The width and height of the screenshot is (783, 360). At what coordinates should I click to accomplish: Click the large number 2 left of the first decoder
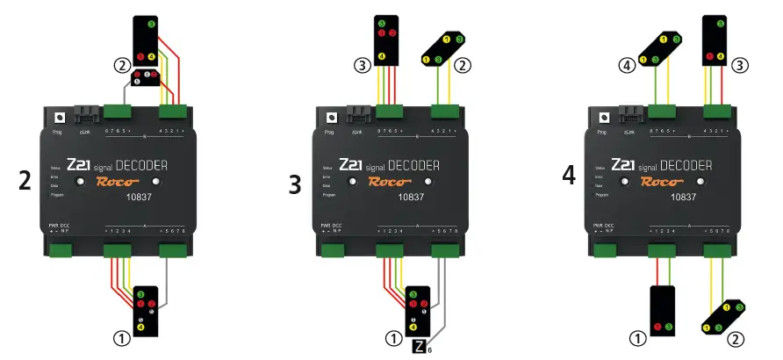point(25,181)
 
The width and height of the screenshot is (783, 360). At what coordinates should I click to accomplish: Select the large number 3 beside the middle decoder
point(297,182)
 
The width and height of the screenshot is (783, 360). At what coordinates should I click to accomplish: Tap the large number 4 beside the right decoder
point(570,174)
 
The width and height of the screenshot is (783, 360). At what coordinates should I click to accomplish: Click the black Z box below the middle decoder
point(420,347)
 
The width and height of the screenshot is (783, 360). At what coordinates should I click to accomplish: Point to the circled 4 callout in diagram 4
point(628,64)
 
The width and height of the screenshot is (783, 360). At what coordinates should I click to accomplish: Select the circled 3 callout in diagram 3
point(360,64)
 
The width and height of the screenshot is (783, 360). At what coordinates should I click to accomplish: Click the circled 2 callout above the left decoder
point(123,64)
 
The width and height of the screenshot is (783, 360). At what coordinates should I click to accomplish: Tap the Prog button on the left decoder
point(60,117)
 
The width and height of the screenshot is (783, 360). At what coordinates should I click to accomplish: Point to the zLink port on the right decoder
point(629,114)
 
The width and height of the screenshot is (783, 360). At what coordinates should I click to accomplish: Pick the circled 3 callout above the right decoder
point(742,64)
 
